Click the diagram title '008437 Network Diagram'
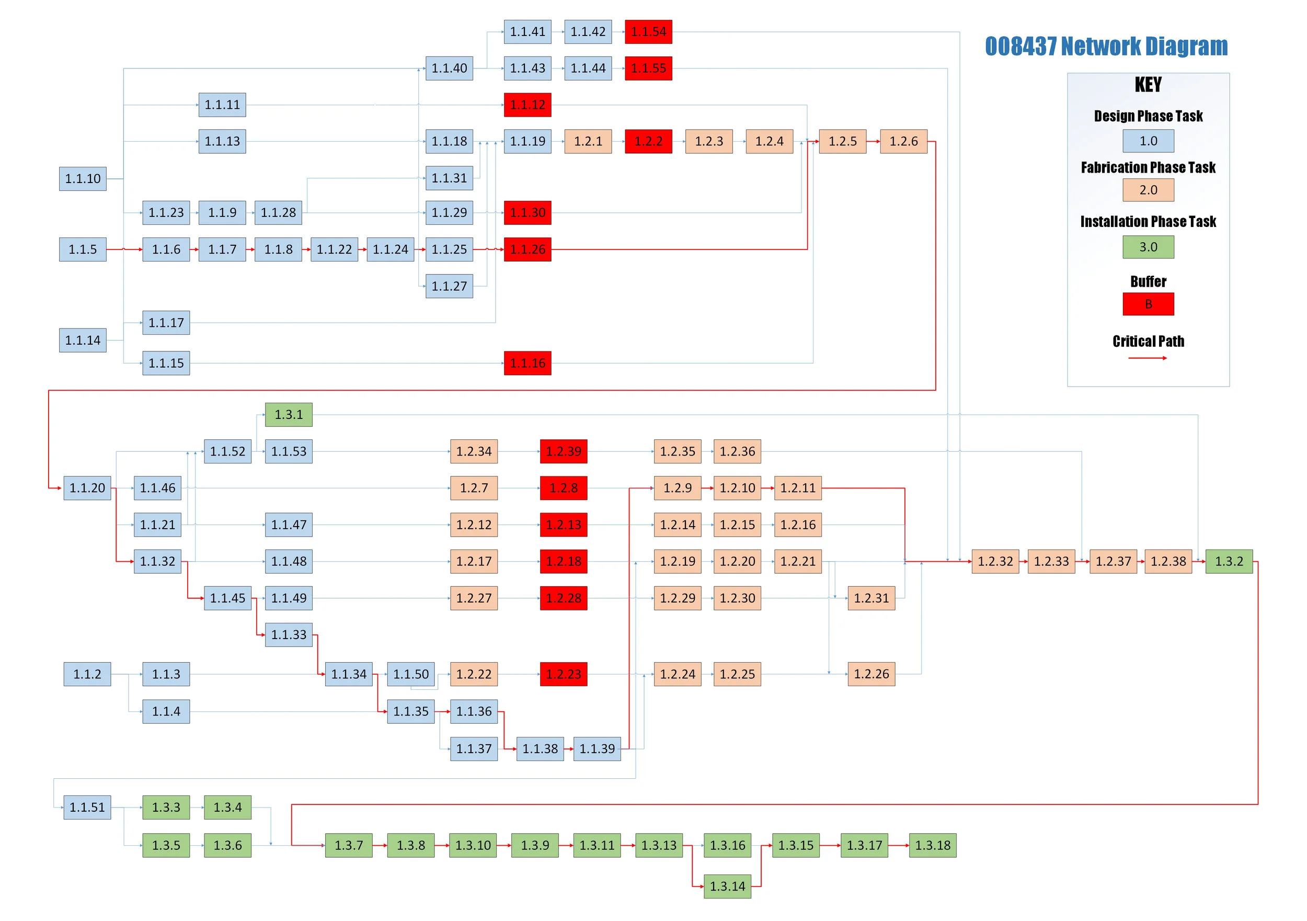coord(1106,46)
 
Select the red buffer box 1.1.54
coord(648,32)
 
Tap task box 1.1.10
coord(83,179)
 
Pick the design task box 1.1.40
coord(449,69)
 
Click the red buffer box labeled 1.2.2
coord(648,141)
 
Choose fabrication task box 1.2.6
coord(903,141)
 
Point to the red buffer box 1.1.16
coord(527,363)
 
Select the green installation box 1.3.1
coord(289,415)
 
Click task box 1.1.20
coord(87,488)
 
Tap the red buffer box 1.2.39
coord(564,452)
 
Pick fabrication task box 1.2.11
coord(797,488)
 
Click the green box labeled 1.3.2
coord(1229,562)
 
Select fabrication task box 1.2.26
coord(871,674)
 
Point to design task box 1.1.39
coord(597,749)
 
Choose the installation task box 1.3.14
coord(727,886)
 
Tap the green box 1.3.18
coord(933,845)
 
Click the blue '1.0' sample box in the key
coord(1148,141)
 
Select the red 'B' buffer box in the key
coord(1148,304)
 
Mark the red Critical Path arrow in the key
coord(1147,358)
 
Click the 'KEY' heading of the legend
coord(1148,85)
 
